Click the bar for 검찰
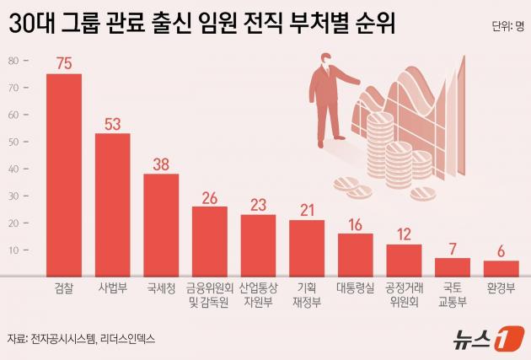tap(64, 175)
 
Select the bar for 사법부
tap(112, 204)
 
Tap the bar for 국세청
tap(161, 224)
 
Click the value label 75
tap(64, 63)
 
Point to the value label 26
tap(210, 198)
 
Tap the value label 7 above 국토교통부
tap(453, 249)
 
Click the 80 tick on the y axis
tap(14, 61)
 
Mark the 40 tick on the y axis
tap(14, 169)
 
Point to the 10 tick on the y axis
tap(14, 250)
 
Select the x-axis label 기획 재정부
tap(307, 293)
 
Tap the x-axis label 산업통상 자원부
tap(258, 293)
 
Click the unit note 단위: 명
tap(507, 26)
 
